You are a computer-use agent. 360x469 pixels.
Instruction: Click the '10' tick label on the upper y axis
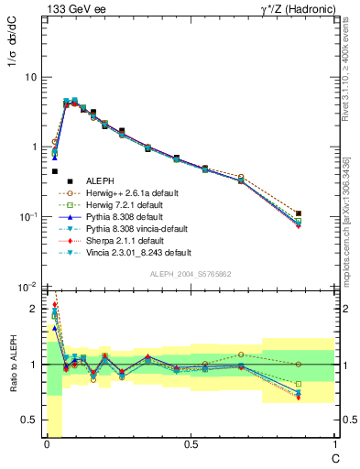[x=30, y=77]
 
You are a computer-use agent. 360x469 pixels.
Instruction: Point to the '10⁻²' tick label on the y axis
[x=27, y=287]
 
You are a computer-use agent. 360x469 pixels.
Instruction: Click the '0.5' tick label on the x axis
[x=191, y=443]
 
